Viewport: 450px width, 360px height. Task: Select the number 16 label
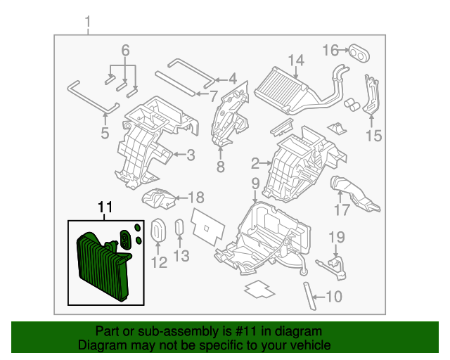[x=331, y=50]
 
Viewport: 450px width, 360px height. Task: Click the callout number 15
[x=374, y=136]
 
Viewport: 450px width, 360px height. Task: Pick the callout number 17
[x=342, y=210]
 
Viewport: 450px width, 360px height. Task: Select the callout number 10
[x=333, y=297]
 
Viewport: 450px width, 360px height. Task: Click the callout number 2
[x=255, y=165]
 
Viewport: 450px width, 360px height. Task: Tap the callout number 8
[x=220, y=167]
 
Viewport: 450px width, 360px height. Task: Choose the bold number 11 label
[x=105, y=207]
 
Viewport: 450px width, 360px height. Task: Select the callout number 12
[x=159, y=263]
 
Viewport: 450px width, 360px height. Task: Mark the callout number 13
[x=181, y=256]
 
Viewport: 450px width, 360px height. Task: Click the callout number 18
[x=196, y=198]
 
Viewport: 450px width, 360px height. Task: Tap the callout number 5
[x=105, y=132]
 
